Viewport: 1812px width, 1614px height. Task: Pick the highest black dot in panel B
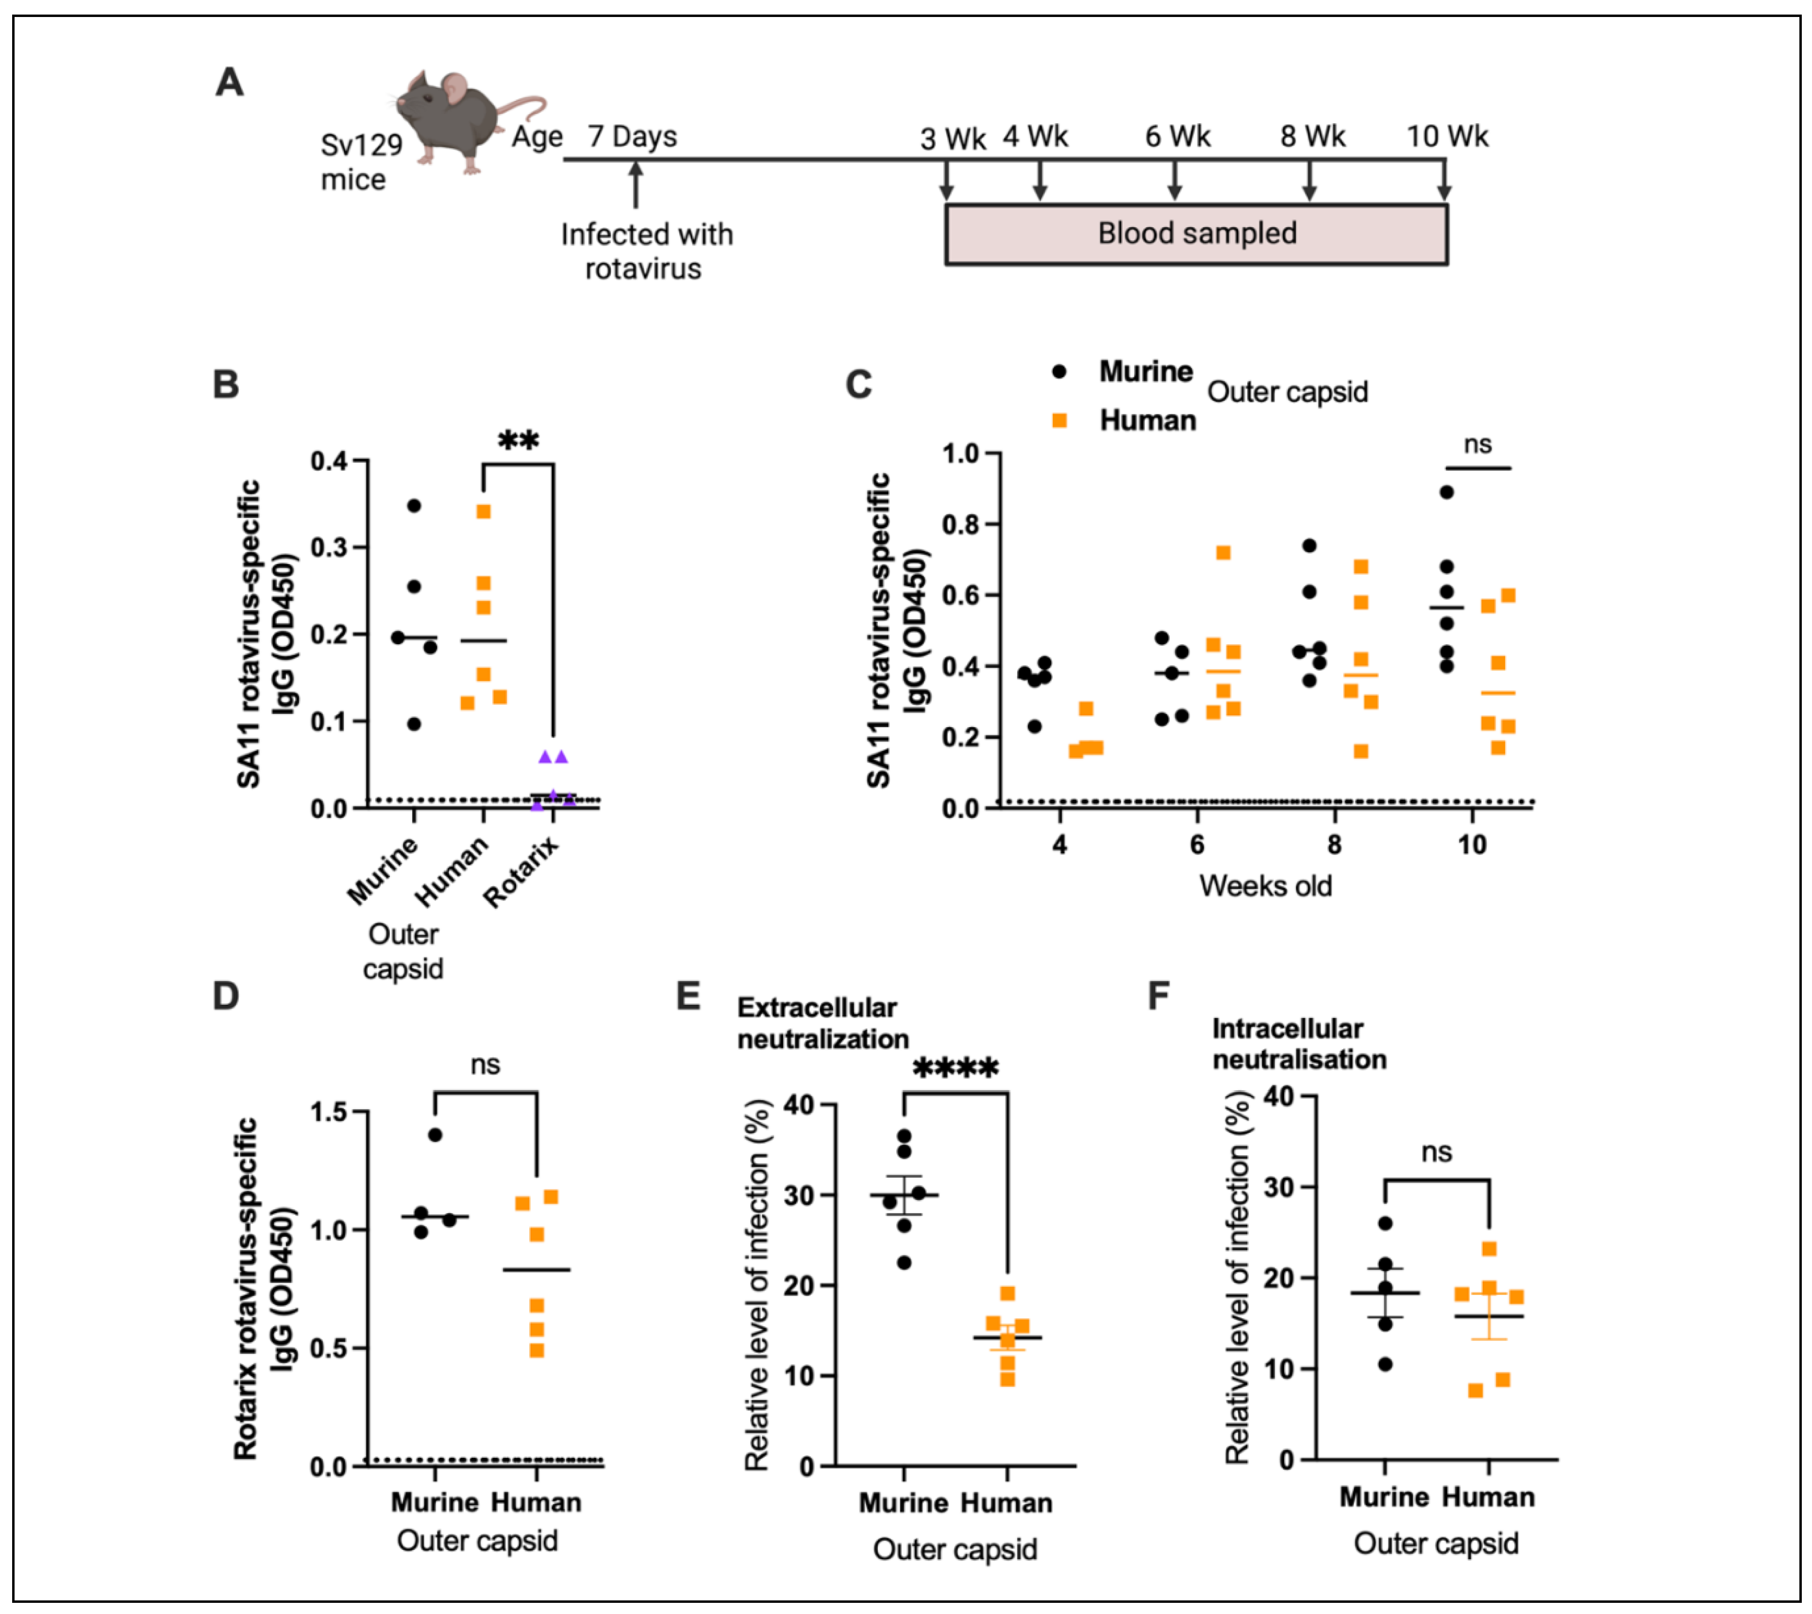413,505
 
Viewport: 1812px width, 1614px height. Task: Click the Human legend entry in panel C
1147,420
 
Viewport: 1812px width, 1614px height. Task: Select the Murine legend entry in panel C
1145,371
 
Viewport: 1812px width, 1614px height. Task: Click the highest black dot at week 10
1446,492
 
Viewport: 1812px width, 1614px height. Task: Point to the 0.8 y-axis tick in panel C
960,525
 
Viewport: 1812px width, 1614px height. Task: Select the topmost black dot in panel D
435,1134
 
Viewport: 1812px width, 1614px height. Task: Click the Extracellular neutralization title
822,1023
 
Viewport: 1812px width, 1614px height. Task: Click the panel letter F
1158,996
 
